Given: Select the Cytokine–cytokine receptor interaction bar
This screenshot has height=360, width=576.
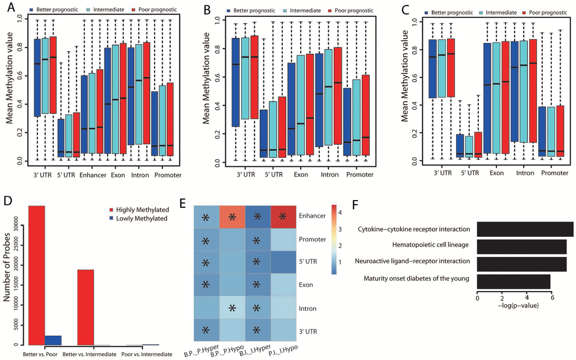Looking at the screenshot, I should (525, 229).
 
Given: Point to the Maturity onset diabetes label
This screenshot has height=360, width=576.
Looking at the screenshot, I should (416, 278).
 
